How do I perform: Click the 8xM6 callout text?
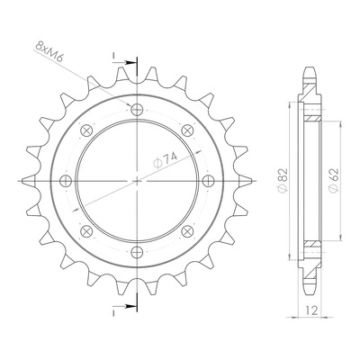[x=49, y=51]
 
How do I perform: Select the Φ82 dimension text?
[x=283, y=180]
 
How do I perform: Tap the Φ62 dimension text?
[x=334, y=180]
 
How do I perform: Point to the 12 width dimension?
[x=312, y=310]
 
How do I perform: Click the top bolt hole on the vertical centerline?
[x=137, y=110]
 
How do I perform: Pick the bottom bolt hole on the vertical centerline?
[x=137, y=252]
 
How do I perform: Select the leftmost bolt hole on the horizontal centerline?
[x=66, y=181]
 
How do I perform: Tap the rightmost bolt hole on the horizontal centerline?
[x=208, y=181]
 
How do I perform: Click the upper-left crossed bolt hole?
[x=86, y=130]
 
